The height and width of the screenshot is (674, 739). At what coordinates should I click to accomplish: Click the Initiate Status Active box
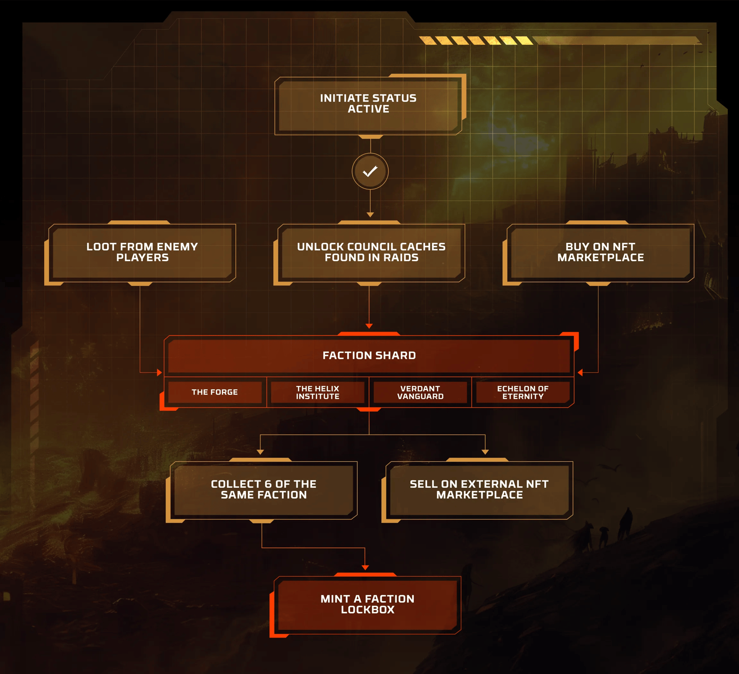coord(368,104)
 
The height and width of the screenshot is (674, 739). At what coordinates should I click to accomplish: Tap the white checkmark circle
coord(370,171)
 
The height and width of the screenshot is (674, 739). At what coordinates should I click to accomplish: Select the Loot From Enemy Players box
coord(142,252)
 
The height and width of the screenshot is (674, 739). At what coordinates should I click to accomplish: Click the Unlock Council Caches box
coord(371,252)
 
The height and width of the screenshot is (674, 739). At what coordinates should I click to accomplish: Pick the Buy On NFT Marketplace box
coord(600,252)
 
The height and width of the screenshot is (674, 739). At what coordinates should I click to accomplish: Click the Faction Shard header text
coord(369,355)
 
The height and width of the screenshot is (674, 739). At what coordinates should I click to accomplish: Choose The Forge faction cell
coord(215,392)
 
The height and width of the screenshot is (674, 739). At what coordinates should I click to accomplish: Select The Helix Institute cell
coord(318,392)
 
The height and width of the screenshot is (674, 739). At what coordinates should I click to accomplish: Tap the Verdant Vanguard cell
coord(420,392)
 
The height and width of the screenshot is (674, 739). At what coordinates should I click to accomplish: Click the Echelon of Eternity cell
coord(523,392)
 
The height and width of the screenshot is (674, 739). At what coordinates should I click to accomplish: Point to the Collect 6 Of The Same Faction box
coord(264,489)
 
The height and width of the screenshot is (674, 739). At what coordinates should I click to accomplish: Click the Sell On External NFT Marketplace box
coord(479,489)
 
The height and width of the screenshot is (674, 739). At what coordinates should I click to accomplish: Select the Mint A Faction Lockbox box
coord(368,604)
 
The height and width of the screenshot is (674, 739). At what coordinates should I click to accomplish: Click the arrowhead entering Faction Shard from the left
coord(159,372)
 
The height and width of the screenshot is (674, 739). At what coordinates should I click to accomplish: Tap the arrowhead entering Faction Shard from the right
coord(580,372)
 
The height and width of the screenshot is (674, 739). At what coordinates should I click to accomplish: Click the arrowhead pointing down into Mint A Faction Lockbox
coord(365,567)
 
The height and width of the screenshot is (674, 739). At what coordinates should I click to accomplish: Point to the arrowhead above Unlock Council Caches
coord(370,215)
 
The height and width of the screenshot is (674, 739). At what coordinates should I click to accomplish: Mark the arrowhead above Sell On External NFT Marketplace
coord(485,452)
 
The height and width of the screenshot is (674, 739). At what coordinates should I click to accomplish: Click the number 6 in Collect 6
coord(268,484)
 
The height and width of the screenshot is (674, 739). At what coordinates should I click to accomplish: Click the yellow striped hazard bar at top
coord(476,40)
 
